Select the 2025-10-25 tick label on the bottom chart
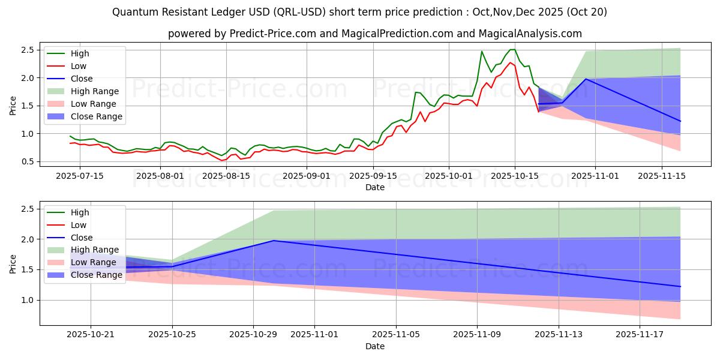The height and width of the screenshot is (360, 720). click(173, 335)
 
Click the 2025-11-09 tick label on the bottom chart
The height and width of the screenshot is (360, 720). click(477, 335)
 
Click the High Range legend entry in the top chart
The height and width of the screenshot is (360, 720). click(95, 91)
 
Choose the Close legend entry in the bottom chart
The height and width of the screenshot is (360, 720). click(82, 238)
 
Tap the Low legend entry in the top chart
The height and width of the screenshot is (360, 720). click(79, 66)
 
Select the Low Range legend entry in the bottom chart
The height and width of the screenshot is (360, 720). click(94, 262)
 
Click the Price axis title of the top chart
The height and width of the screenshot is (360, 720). click(13, 105)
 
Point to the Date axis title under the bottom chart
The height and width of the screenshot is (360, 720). click(375, 346)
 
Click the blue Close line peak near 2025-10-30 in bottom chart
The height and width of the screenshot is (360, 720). click(274, 241)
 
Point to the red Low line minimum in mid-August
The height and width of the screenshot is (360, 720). click(221, 160)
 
